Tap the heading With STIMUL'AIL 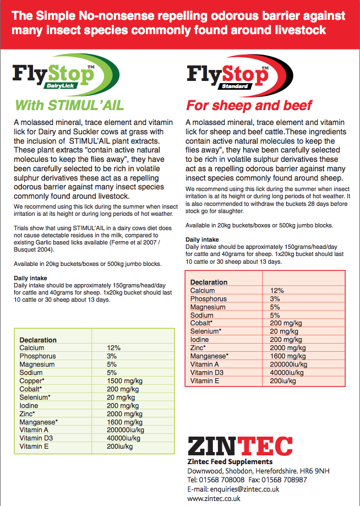[x=69, y=105]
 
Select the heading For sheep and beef [x=249, y=105]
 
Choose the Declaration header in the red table [x=209, y=282]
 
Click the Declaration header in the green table [x=38, y=340]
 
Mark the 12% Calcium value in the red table [x=277, y=290]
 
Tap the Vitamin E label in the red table [x=205, y=381]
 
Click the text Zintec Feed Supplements [x=230, y=461]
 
